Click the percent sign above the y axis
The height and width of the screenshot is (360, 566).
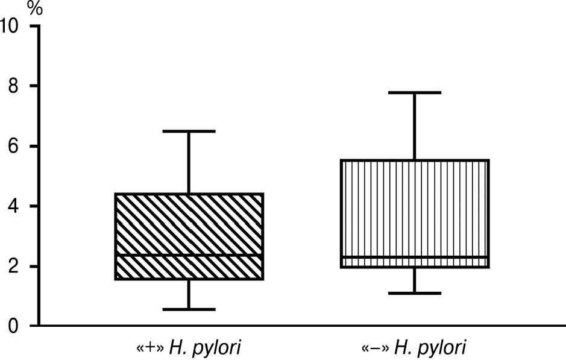click(x=35, y=8)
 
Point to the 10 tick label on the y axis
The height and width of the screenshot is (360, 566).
click(x=9, y=26)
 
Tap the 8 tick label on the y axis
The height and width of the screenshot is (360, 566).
click(x=13, y=86)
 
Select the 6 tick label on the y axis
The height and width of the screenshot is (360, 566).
click(x=13, y=147)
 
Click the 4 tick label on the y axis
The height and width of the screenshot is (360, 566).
click(x=13, y=206)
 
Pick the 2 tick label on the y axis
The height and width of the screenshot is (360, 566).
click(x=13, y=267)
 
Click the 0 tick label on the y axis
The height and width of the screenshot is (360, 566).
click(x=13, y=326)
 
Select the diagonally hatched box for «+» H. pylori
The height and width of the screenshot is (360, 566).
click(x=189, y=236)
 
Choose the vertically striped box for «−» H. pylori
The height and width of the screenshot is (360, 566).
click(x=415, y=213)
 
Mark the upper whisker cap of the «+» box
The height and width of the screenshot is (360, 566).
click(x=189, y=131)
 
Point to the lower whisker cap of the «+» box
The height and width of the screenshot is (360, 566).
click(x=189, y=309)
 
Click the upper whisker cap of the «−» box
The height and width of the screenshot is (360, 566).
click(x=415, y=93)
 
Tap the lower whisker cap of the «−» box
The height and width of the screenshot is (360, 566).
click(x=415, y=293)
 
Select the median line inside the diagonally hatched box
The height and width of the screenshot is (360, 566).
click(x=189, y=254)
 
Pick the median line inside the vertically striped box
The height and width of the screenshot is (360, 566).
click(x=415, y=257)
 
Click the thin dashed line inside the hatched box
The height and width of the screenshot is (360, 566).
click(x=189, y=224)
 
